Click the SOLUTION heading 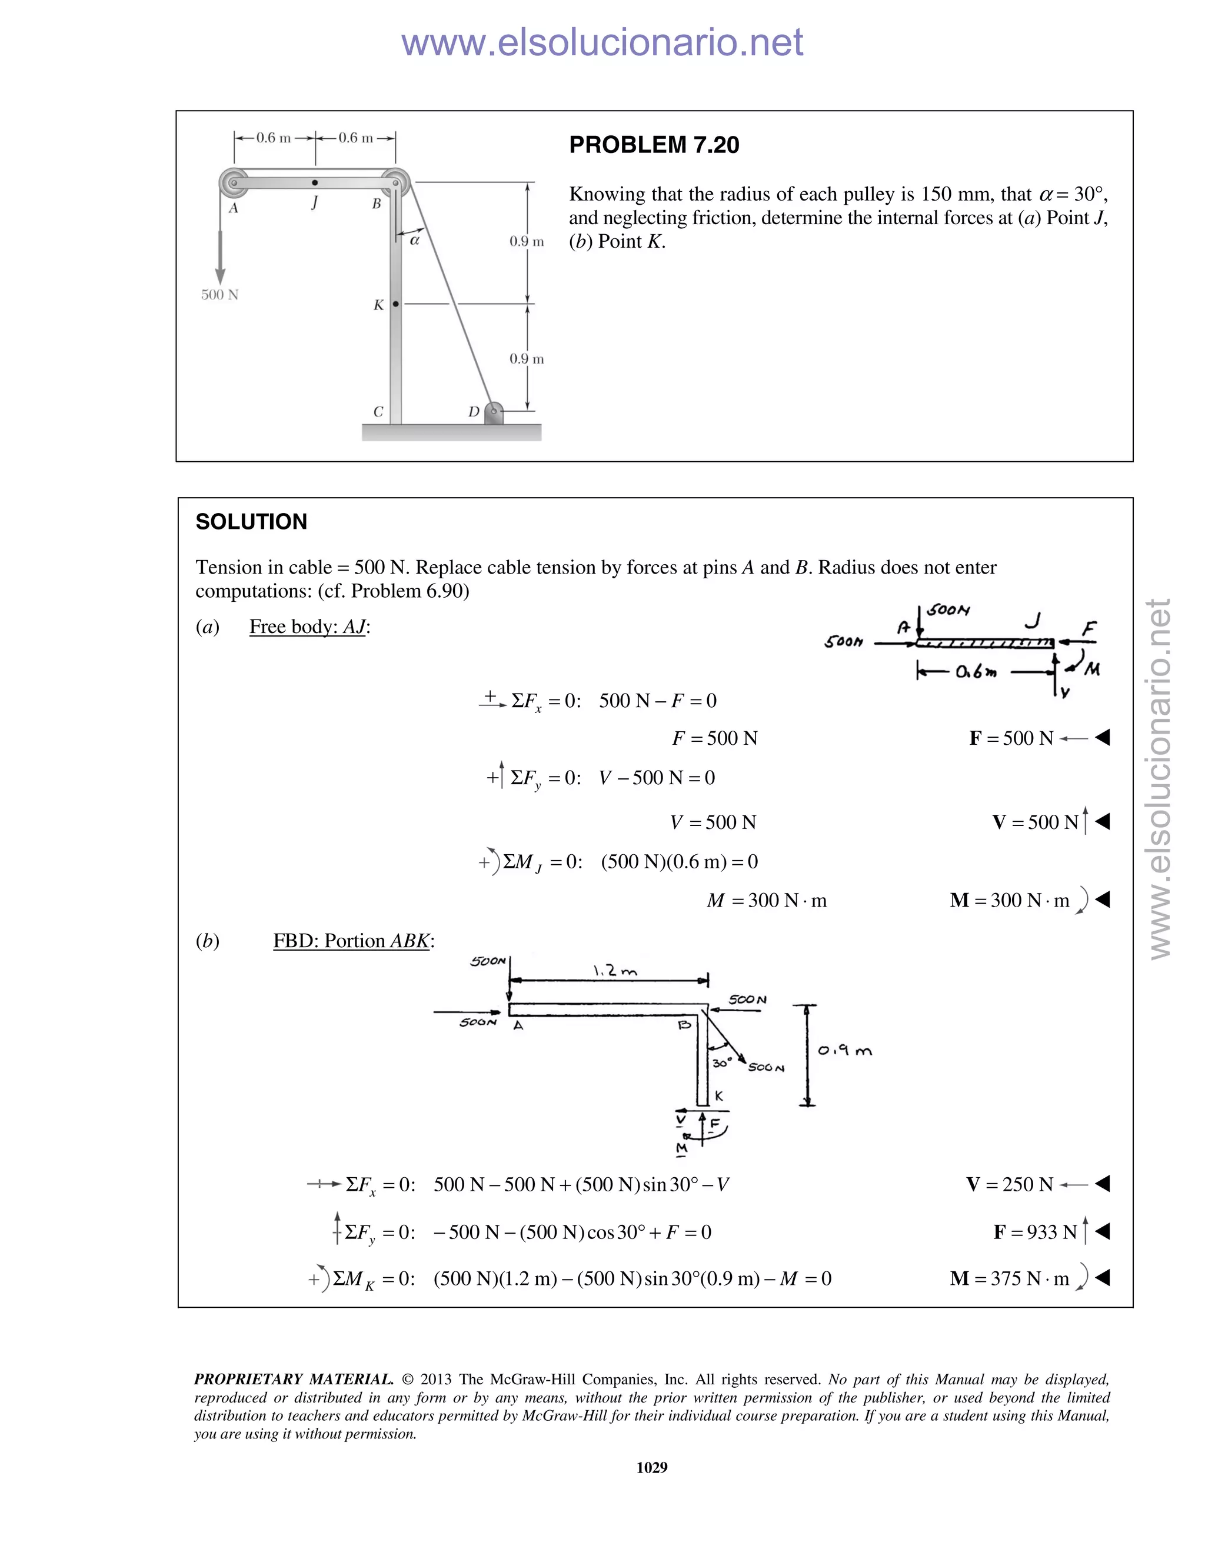pos(251,522)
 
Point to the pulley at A pos(233,183)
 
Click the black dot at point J pos(315,183)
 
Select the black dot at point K pos(396,304)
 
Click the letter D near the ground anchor pos(473,412)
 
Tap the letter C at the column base pos(378,412)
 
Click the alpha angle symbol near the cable pos(415,241)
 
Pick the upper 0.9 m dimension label pos(526,241)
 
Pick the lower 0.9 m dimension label pos(526,359)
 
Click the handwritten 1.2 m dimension pos(615,971)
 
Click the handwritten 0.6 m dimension pos(976,672)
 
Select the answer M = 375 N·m pos(1010,1278)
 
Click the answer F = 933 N pos(1034,1232)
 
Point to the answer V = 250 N pos(1010,1185)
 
